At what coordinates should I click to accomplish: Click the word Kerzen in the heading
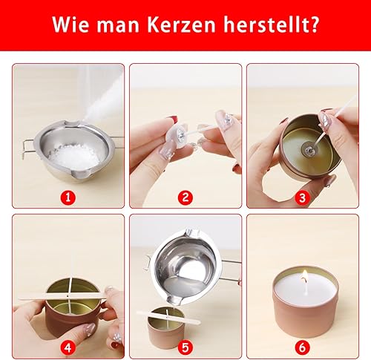click(182, 24)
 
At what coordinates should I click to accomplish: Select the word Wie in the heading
click(70, 24)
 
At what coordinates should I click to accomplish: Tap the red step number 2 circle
click(185, 197)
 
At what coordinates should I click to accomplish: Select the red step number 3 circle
click(302, 197)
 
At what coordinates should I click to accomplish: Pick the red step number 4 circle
click(68, 347)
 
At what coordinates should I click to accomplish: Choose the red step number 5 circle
click(185, 347)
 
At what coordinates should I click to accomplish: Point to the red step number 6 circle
click(302, 347)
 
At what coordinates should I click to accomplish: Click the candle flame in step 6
click(305, 276)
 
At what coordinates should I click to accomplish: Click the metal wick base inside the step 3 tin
click(309, 148)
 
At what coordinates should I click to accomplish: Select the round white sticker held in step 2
click(176, 136)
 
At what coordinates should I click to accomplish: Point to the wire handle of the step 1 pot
click(27, 148)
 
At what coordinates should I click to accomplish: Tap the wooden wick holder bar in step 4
click(63, 295)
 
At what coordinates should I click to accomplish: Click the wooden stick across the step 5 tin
click(168, 318)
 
